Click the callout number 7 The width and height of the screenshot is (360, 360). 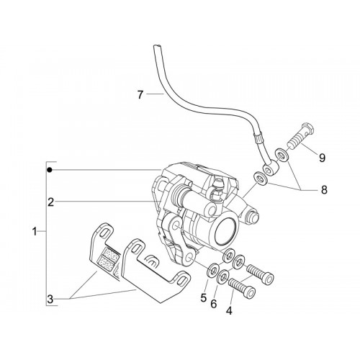[140, 94]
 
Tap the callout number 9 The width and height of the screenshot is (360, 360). [322, 158]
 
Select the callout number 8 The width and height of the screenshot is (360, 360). [324, 190]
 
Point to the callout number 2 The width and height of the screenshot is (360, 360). [50, 202]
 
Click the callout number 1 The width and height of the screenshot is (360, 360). [35, 232]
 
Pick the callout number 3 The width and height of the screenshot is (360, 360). [50, 300]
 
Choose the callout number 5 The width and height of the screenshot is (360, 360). [204, 298]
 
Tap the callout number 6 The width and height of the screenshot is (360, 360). [214, 304]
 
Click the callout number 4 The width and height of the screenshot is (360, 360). [229, 311]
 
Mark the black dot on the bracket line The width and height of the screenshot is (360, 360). [50, 170]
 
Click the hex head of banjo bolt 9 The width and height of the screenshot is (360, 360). [307, 129]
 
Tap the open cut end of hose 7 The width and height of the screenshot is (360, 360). [157, 45]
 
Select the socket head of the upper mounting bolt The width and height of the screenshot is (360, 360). [267, 278]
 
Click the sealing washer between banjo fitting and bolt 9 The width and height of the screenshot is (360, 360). [282, 156]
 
